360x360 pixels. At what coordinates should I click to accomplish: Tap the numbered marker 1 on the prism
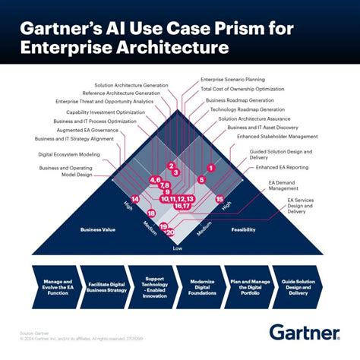click(x=210, y=166)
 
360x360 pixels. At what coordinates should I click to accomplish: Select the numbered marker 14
click(x=134, y=199)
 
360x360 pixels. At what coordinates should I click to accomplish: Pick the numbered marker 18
click(x=151, y=213)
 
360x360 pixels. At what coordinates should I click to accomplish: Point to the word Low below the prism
click(x=178, y=248)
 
